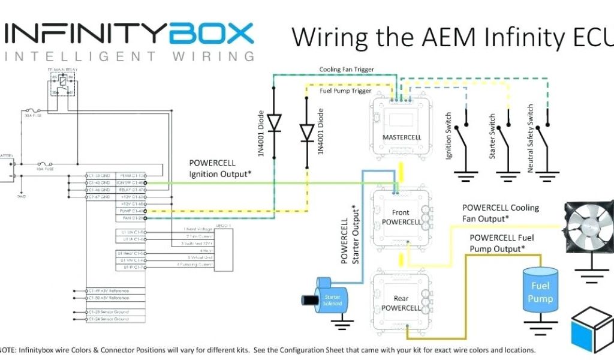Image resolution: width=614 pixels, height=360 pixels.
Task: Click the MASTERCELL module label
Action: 402,137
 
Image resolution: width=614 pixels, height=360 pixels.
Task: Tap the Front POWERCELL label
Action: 401,217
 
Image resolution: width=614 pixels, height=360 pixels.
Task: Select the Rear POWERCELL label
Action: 401,303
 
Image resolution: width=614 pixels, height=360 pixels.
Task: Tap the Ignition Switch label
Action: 449,136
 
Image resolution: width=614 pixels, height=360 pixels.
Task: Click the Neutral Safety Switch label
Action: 530,139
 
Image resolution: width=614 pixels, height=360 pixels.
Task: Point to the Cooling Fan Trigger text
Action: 347,70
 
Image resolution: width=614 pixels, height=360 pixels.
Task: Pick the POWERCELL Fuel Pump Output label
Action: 501,243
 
